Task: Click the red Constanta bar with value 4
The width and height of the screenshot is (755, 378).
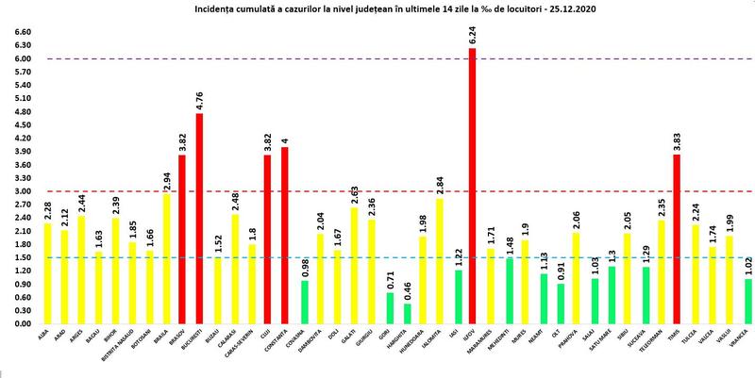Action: point(285,236)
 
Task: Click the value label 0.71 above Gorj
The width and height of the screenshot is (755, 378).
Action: point(388,280)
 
